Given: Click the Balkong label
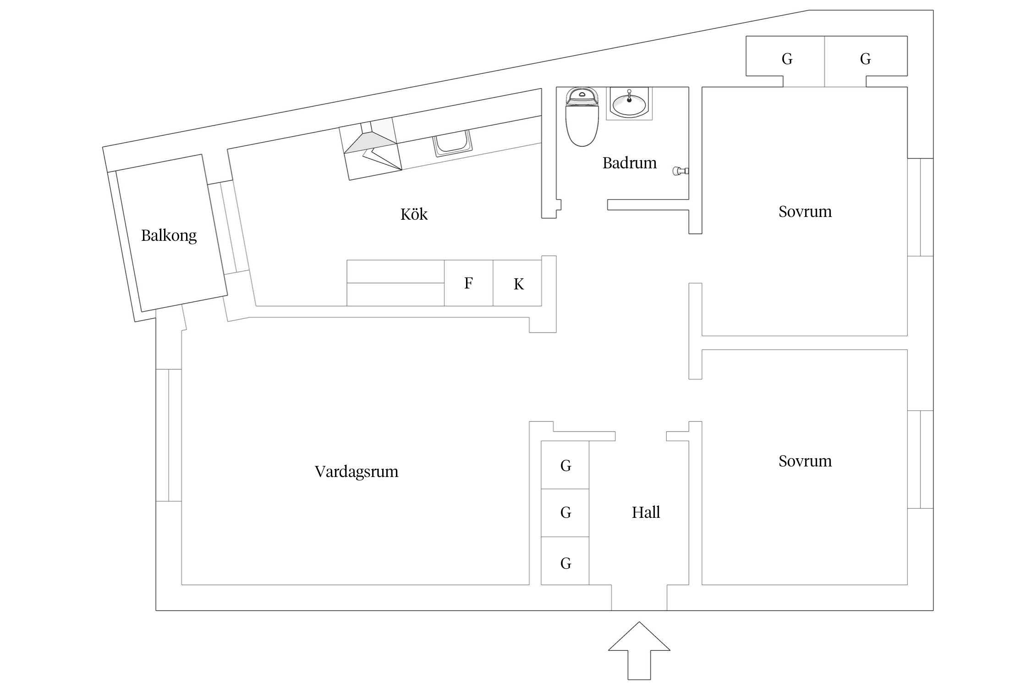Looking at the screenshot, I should tap(169, 236).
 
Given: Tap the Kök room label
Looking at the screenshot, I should tap(414, 214).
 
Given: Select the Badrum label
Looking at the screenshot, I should tap(629, 163).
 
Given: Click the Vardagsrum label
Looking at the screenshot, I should tap(356, 472).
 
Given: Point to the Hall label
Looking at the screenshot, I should tap(646, 512).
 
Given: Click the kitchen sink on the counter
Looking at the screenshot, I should tap(453, 143).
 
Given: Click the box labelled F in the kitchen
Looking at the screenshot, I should tap(468, 283).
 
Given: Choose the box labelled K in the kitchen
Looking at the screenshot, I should tap(518, 284).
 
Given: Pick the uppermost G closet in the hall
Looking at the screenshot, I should tap(565, 465).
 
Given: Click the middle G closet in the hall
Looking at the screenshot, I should tap(565, 512).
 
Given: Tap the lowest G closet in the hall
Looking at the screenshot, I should tap(565, 563).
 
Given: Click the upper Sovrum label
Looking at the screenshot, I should tap(805, 211).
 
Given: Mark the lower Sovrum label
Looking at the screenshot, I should tap(805, 461).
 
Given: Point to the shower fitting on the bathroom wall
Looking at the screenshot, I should tap(680, 171).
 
